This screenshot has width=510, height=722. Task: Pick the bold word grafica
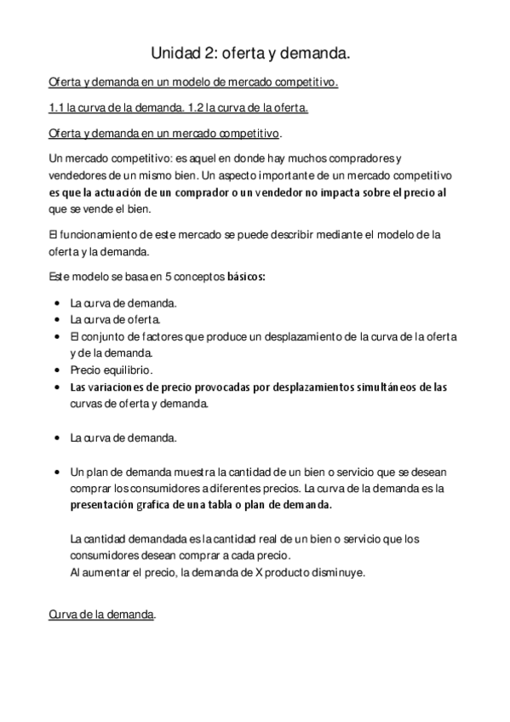coord(142,504)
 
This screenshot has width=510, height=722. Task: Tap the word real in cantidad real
coord(226,539)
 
